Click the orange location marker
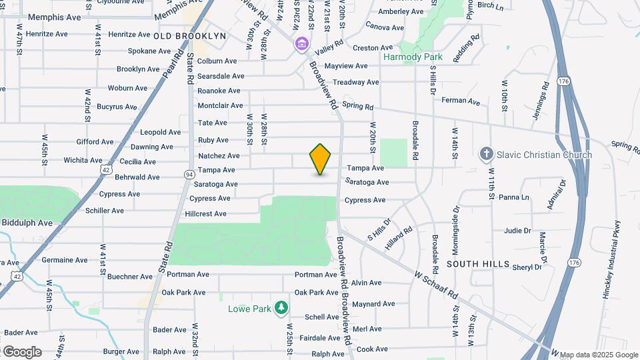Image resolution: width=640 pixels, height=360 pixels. [x=321, y=159]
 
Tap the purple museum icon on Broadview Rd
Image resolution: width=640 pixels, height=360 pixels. [x=302, y=45]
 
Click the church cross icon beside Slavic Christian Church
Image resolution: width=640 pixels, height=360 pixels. [x=486, y=155]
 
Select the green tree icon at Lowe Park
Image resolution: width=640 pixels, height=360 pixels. [x=282, y=307]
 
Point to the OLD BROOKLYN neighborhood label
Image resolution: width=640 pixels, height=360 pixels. [x=190, y=35]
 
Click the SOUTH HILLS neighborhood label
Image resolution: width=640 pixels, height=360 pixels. [x=478, y=264]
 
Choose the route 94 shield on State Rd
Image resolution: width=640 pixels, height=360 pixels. [x=189, y=174]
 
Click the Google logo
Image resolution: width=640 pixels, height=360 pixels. [x=22, y=351]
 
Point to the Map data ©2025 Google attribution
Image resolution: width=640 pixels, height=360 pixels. [x=598, y=355]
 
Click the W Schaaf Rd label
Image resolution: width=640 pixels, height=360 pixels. [x=437, y=284]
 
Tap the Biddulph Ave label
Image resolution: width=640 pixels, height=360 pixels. [x=27, y=223]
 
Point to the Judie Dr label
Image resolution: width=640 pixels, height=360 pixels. [x=517, y=231]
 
